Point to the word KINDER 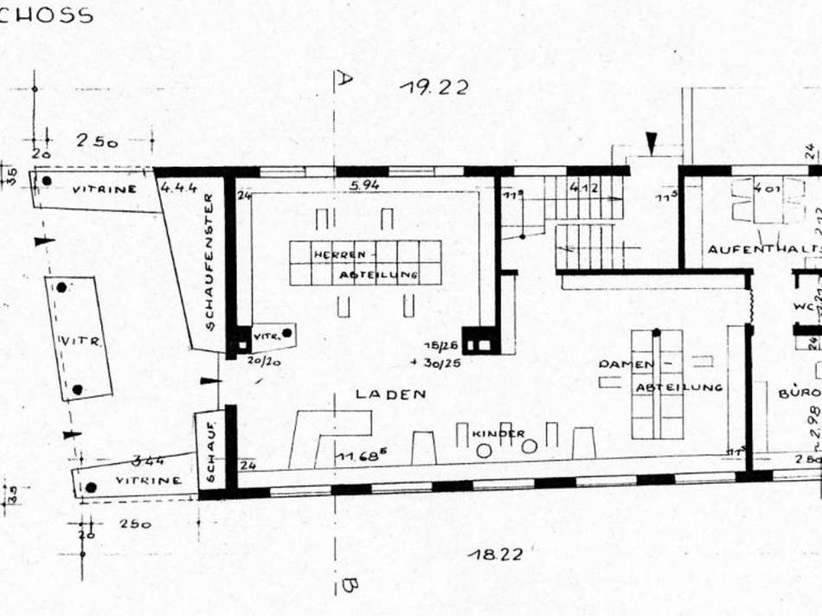[x=499, y=433]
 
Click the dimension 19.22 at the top [x=433, y=87]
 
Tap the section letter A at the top [x=344, y=80]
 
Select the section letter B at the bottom [x=346, y=586]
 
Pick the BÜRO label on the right [x=798, y=392]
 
